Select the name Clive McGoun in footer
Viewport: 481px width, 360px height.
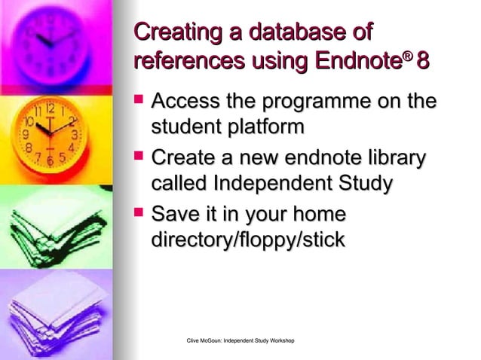(204, 343)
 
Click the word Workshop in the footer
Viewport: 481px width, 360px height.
(278, 343)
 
